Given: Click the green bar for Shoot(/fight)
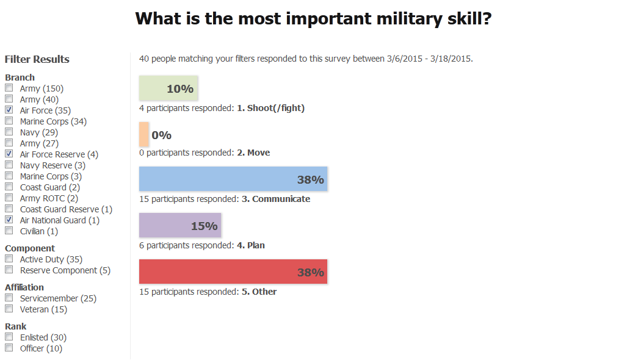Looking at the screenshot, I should click(x=168, y=88).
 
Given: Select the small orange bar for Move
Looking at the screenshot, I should click(x=143, y=134).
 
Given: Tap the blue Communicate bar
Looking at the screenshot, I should click(x=233, y=179).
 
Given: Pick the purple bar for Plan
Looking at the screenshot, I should click(x=179, y=225).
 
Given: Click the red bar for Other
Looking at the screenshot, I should click(x=233, y=272).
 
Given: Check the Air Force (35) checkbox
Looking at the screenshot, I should click(x=9, y=110).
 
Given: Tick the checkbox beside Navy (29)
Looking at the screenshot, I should click(x=9, y=132).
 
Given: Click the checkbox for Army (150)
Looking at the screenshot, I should click(x=9, y=88).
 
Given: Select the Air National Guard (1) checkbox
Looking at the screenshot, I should click(x=9, y=220).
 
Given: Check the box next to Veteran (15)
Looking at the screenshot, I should click(x=9, y=309).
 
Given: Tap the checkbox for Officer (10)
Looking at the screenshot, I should click(x=9, y=348).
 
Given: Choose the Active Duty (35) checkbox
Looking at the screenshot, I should click(x=9, y=259).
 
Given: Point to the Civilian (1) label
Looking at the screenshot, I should click(x=39, y=231).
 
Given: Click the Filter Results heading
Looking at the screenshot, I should click(x=37, y=59).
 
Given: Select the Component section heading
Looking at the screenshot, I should click(x=30, y=248).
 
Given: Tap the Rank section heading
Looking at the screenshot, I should click(x=16, y=326).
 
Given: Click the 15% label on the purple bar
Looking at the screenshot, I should click(x=204, y=226).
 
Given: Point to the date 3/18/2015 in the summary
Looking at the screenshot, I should click(x=449, y=59).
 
